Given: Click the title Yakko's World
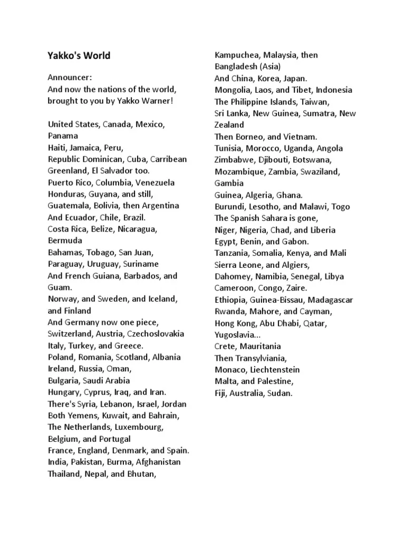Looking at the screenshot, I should (x=79, y=55).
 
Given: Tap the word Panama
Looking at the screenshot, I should (x=62, y=136).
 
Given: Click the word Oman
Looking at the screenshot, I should (x=121, y=369).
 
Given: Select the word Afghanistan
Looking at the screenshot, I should (x=158, y=462).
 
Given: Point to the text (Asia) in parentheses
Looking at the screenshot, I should (x=269, y=67).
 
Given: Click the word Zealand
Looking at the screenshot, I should (x=229, y=125).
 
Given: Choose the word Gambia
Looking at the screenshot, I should (x=229, y=184).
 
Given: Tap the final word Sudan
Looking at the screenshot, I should (x=279, y=393).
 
